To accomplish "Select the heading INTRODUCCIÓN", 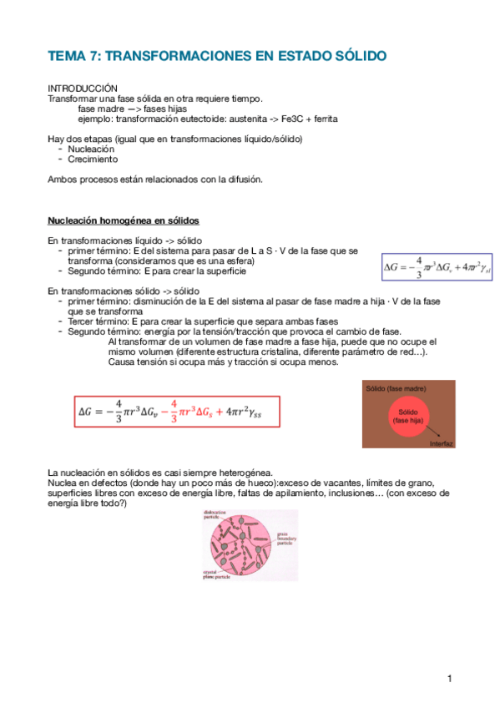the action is pos(83,88).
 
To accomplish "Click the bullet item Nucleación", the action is pos(92,149).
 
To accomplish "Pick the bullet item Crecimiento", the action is pos(93,159).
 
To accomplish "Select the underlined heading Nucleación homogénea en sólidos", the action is pos(123,220).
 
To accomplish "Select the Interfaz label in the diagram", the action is pos(441,444).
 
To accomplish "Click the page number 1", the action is pos(449,679).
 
